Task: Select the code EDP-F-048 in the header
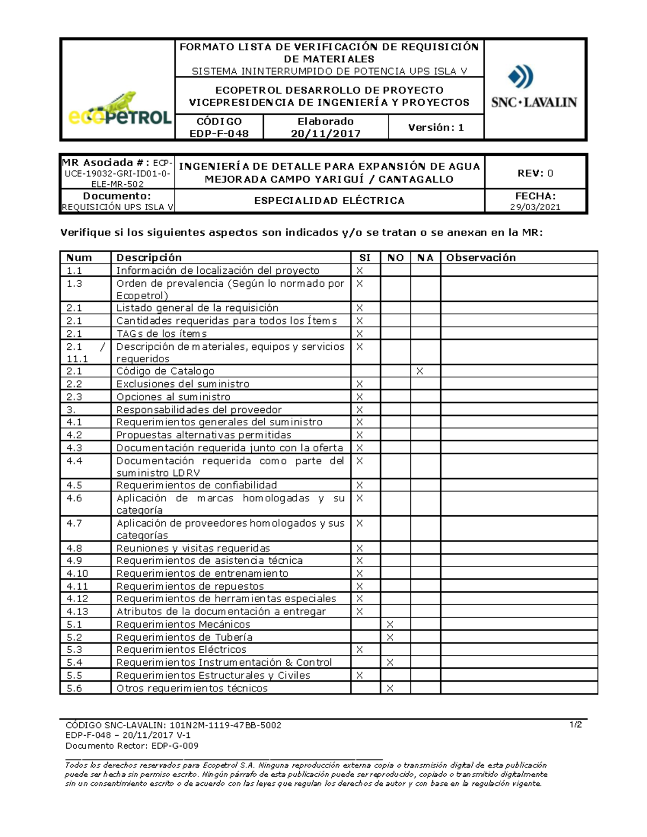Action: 219,134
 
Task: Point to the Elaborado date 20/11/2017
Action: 326,134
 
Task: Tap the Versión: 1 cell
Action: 436,128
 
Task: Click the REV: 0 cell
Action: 535,173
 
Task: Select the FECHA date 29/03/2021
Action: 535,207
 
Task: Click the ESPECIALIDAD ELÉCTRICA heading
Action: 329,200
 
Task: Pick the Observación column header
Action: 481,258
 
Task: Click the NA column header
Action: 425,258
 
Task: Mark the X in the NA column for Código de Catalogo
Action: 419,371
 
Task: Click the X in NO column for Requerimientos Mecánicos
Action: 390,625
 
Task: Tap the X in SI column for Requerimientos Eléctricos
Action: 360,650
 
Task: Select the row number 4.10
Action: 77,573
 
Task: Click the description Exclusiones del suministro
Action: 183,384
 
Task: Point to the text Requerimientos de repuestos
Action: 190,586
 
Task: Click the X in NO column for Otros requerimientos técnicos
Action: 390,688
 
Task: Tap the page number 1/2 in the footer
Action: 576,725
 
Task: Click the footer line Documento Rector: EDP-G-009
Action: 132,746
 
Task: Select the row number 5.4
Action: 74,662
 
